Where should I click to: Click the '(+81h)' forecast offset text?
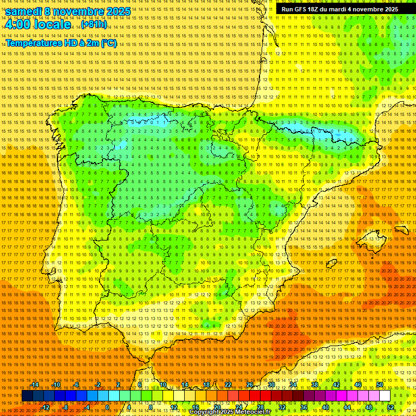(x=93, y=24)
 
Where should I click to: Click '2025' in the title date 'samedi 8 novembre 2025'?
(x=118, y=11)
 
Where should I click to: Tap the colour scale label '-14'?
(x=35, y=385)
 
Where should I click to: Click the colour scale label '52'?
(x=390, y=407)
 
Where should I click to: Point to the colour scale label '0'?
(x=108, y=407)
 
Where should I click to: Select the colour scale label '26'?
(x=250, y=385)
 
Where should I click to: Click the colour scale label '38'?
(x=315, y=385)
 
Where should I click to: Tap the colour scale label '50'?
(x=380, y=385)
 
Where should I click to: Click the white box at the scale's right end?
(x=385, y=396)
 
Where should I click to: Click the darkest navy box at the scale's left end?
(x=27, y=396)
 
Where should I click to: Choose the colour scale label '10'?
(x=162, y=385)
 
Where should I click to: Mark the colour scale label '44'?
(x=347, y=407)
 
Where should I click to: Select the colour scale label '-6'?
(x=77, y=385)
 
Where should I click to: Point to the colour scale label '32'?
(x=282, y=407)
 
